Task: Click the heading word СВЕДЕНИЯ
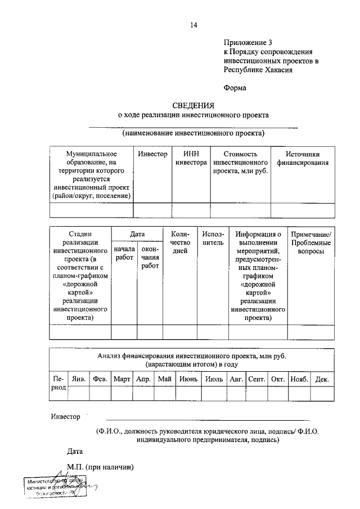pos(193,105)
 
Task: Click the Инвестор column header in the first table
pos(152,154)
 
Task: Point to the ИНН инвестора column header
pos(191,159)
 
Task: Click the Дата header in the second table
pos(137,235)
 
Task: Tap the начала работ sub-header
pos(124,253)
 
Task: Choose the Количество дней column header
pos(180,242)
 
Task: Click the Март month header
pos(122,380)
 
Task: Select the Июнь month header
pos(187,380)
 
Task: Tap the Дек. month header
pos(322,380)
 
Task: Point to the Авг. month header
pos(235,380)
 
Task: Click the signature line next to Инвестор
pos(208,420)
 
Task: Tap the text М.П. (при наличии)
pos(99,467)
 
